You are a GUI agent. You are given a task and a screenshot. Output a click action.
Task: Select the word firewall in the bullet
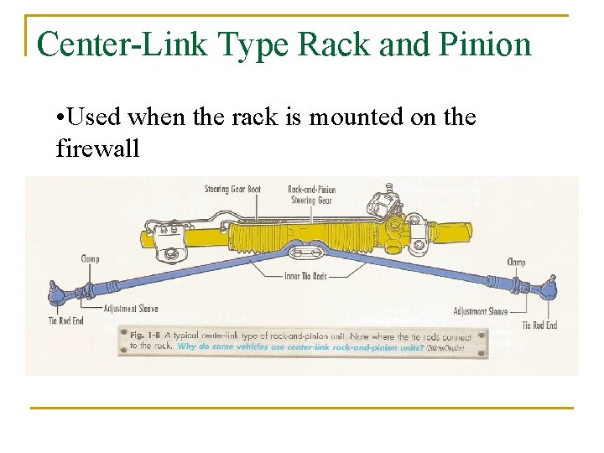tap(97, 149)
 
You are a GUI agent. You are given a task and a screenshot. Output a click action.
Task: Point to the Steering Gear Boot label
tap(232, 189)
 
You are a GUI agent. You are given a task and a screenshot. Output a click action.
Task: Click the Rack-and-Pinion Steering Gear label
tap(311, 195)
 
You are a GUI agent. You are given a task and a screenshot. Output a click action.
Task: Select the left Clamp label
tap(90, 258)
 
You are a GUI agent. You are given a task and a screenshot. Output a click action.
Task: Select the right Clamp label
tap(516, 263)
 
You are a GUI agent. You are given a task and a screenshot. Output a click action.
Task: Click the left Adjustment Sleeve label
tap(130, 309)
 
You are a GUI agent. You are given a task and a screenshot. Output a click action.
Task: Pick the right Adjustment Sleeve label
tap(481, 311)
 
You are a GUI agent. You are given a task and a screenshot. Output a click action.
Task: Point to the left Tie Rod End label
tap(67, 321)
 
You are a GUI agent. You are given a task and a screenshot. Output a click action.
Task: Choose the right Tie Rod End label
tap(539, 325)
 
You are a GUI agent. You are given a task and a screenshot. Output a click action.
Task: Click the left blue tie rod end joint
tap(56, 294)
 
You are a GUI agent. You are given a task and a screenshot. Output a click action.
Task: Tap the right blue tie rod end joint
tap(551, 289)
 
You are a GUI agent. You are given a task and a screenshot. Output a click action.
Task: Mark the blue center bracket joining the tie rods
tap(305, 251)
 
